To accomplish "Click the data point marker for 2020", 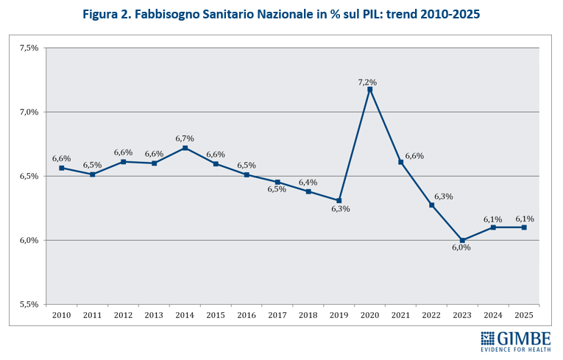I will point(370,90).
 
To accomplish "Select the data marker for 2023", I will point(463,240).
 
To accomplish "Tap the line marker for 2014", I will point(185,148).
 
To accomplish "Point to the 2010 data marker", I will point(62,168).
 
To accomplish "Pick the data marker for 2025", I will point(525,227).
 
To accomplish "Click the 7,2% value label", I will point(367,82).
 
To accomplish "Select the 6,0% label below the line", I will point(461,248).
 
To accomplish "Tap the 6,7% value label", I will point(185,138).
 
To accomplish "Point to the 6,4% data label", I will point(308,182).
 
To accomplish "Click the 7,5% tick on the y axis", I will point(28,48).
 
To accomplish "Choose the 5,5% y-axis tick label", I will point(28,304).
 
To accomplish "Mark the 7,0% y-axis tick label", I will point(28,112).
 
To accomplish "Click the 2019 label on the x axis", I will point(339,315).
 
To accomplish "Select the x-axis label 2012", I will point(123,315).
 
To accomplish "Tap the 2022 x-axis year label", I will point(432,315).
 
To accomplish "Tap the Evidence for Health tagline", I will point(515,351).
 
